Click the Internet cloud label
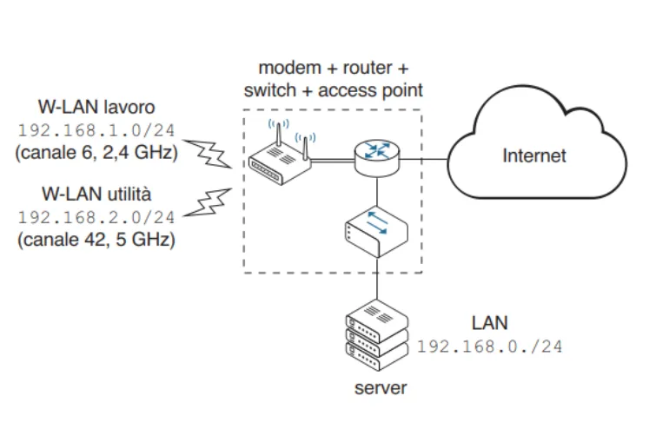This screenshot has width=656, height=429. pos(533,156)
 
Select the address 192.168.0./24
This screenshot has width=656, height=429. pos(489,346)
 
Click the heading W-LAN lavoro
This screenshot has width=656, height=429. pos(96,109)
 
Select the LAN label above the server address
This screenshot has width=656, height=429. pos(490,323)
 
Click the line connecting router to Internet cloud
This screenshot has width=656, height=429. pos(426,160)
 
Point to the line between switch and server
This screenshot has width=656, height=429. pos(375,279)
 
